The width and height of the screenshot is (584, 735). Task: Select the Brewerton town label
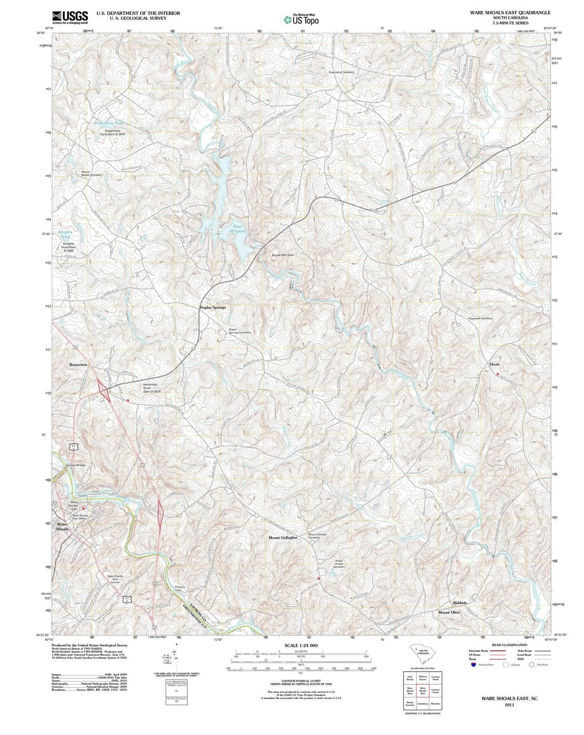78,365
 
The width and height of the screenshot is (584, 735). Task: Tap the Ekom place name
494,364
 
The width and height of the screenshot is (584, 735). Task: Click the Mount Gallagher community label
283,537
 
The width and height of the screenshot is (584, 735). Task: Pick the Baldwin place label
460,602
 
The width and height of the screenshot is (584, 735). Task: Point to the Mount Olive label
449,612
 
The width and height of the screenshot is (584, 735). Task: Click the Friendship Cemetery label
341,72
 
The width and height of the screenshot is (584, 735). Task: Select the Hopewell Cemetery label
480,318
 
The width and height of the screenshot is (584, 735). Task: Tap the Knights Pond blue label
65,234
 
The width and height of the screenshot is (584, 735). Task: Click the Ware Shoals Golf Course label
115,579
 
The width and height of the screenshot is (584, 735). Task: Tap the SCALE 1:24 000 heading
301,646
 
